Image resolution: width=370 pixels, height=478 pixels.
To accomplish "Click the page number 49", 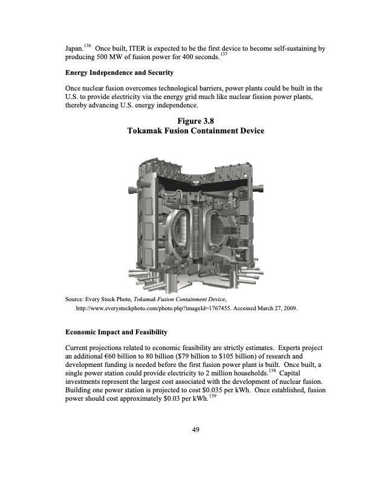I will coord(195,430).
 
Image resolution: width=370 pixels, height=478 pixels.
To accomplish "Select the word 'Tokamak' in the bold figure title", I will coord(148,131).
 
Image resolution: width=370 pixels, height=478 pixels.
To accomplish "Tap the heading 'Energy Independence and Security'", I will coord(119,72).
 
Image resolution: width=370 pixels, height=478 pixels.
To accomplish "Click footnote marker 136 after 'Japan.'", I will coord(88,45).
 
